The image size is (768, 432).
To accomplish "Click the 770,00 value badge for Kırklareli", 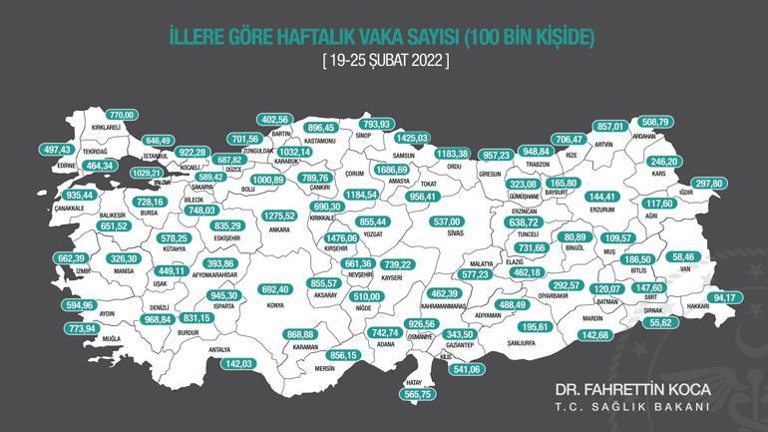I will pos(120,116).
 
